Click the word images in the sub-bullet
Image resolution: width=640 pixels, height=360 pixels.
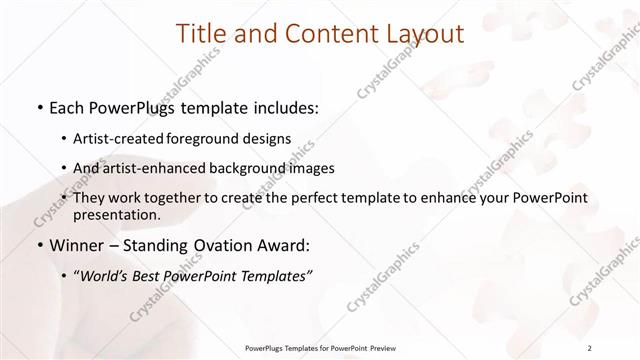(x=310, y=169)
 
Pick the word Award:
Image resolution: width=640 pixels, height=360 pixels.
(x=286, y=245)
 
